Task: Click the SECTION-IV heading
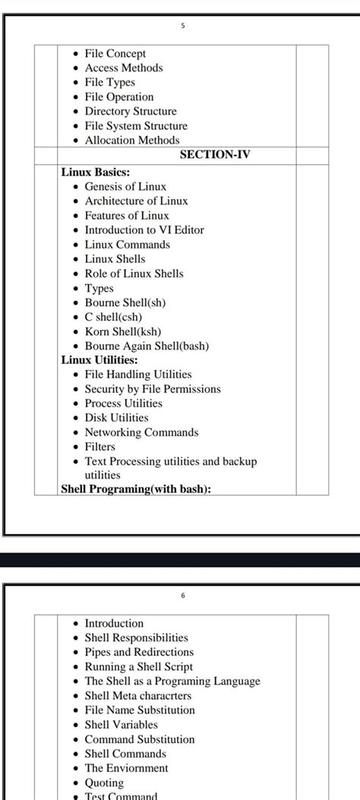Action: (215, 155)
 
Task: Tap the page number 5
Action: (182, 26)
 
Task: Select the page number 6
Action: (182, 595)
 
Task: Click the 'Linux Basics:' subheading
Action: (96, 172)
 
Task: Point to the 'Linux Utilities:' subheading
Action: (99, 360)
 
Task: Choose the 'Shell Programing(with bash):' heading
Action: (136, 489)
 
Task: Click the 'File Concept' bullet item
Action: (115, 54)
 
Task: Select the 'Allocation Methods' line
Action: (132, 141)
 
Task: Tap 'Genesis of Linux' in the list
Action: (125, 187)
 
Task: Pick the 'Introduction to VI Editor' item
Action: (144, 230)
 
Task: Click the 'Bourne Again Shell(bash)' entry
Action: (147, 346)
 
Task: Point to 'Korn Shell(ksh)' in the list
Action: (123, 331)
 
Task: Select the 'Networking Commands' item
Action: (141, 432)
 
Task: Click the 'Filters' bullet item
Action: (100, 447)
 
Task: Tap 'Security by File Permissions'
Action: (153, 389)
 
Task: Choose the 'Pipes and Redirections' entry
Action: (139, 652)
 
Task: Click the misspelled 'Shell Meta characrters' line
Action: (138, 695)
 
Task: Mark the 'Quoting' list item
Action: (104, 783)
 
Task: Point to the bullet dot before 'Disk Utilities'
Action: (75, 419)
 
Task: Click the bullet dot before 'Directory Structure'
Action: (75, 112)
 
